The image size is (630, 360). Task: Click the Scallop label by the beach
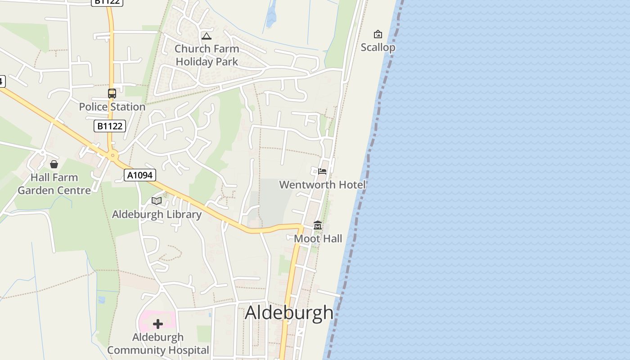[x=378, y=47]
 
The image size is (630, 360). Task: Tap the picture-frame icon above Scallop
[x=378, y=34]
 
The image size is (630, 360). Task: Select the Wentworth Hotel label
[x=322, y=184]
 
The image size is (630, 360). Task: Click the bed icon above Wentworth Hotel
[x=322, y=171]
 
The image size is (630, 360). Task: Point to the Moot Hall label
[x=318, y=238]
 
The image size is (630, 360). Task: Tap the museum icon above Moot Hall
[x=318, y=225]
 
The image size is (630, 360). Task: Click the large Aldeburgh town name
[x=289, y=313]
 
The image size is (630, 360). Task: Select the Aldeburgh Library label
[x=157, y=214]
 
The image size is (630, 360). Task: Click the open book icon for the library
[x=157, y=201]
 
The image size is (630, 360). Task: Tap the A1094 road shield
[x=140, y=175]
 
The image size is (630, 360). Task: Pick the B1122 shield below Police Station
[x=110, y=126]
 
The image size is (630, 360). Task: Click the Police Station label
[x=112, y=107]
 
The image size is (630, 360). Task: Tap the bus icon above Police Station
[x=112, y=94]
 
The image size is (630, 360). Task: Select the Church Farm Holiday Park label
[x=207, y=55]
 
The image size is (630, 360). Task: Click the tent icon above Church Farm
[x=207, y=36]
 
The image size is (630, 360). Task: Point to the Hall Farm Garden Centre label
[x=54, y=184]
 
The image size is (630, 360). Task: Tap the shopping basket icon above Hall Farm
[x=54, y=164]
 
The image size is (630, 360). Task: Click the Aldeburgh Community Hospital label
[x=158, y=343]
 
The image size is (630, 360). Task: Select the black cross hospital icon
[x=158, y=324]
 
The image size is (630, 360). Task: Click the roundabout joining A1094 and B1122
[x=112, y=156]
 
